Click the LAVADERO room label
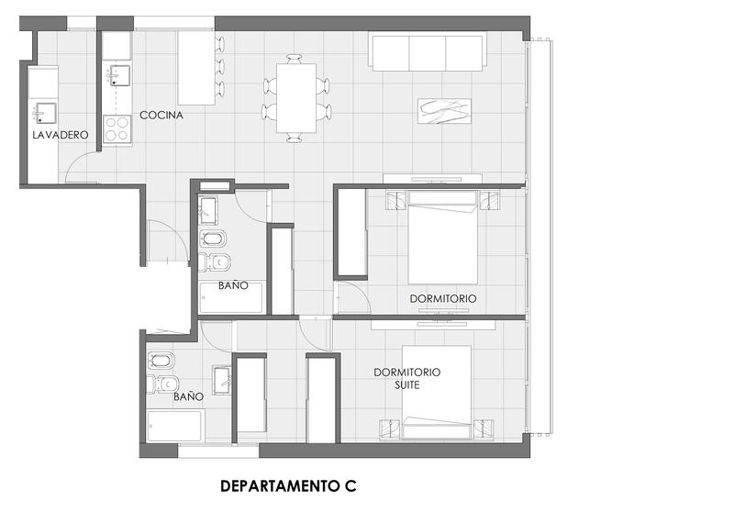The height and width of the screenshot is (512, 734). pos(61,135)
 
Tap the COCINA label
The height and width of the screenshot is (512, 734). pos(161,115)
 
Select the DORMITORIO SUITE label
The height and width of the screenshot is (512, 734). pos(406,379)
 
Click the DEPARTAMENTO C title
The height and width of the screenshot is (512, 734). pos(288,485)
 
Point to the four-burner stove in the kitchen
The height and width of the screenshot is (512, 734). pos(117,129)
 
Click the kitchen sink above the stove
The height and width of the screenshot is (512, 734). pos(119,75)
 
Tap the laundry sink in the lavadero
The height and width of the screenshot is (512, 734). pos(44,113)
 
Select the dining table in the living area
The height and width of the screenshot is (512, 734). pos(296,98)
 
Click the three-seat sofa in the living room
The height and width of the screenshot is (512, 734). pos(428,51)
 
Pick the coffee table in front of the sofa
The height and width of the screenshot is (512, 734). pos(444,111)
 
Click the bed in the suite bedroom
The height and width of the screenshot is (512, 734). pos(437,393)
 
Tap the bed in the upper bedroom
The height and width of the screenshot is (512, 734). pos(443,238)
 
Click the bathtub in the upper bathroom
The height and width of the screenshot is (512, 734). pos(231,297)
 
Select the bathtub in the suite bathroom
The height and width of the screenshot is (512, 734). pos(175,426)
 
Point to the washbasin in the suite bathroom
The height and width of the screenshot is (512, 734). pos(222,380)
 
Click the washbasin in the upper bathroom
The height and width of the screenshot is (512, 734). pos(208,211)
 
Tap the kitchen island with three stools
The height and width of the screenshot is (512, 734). pos(196,68)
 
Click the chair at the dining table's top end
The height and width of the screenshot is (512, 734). pos(295,60)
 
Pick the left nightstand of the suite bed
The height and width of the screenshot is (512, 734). pos(390,429)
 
